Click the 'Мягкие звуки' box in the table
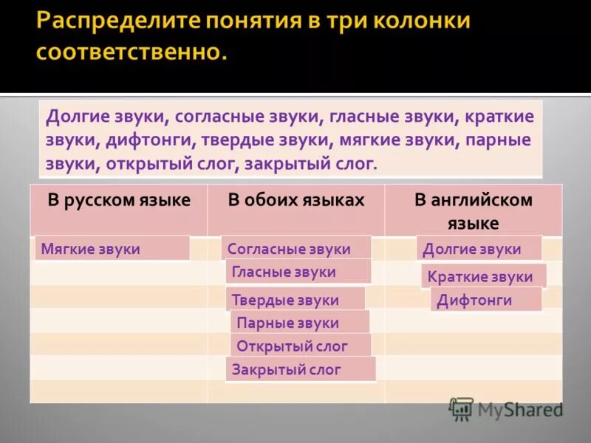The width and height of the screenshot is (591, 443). pyautogui.click(x=112, y=249)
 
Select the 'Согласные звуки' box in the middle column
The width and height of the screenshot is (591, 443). pyautogui.click(x=296, y=249)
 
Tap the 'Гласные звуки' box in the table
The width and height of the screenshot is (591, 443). pyautogui.click(x=298, y=272)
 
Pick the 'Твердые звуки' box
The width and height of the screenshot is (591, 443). pyautogui.click(x=295, y=300)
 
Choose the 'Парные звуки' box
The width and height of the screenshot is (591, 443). pyautogui.click(x=300, y=323)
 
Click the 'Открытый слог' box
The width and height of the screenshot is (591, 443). pyautogui.click(x=301, y=346)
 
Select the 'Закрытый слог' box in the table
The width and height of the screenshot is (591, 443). pyautogui.click(x=301, y=369)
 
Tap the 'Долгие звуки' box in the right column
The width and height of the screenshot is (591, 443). pyautogui.click(x=479, y=249)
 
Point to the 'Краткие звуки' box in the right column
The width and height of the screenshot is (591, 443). pyautogui.click(x=484, y=277)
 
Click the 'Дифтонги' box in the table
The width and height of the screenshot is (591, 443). pyautogui.click(x=485, y=300)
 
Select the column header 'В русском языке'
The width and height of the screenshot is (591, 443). pyautogui.click(x=119, y=200)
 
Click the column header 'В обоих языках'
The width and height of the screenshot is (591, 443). pyautogui.click(x=295, y=200)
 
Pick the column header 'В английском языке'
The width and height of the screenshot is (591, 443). pyautogui.click(x=473, y=211)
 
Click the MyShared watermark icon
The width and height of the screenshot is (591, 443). pyautogui.click(x=461, y=408)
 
